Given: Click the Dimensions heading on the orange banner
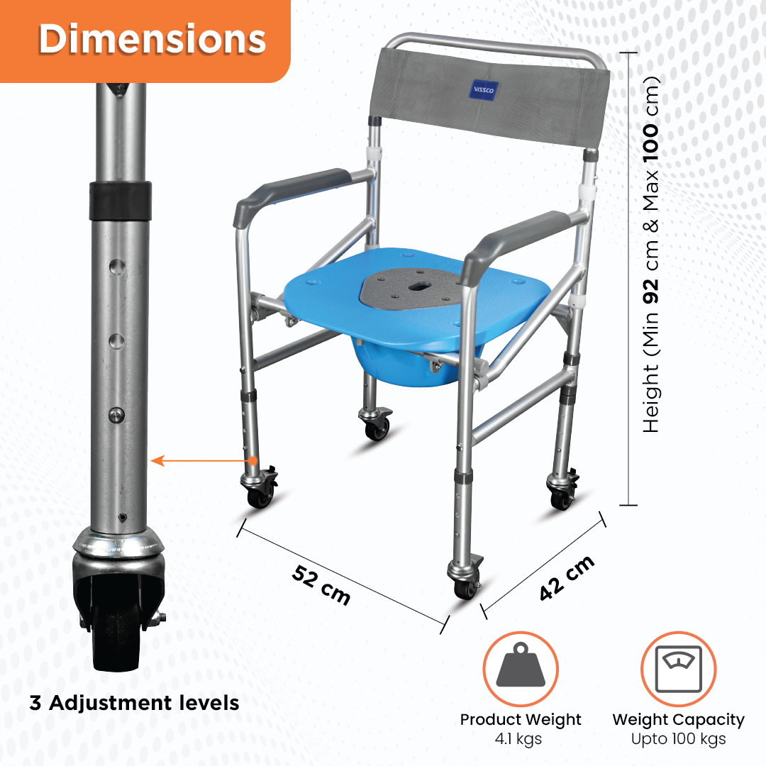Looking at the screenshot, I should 152,40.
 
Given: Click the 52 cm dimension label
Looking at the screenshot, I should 321,584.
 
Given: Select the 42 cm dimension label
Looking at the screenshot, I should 566,578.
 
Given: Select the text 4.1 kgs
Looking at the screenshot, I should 521,739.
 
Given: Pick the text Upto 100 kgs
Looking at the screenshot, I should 678,739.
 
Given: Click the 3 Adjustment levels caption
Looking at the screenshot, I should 134,703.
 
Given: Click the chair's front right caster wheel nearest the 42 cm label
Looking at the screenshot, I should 465,585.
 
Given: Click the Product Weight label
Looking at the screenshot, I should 521,720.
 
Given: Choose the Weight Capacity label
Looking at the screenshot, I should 678,720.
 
